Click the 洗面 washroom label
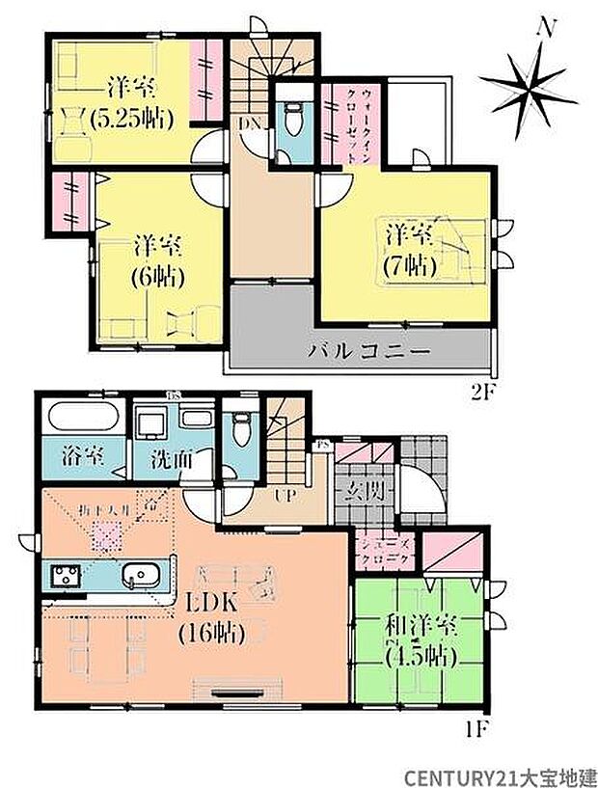(x=175, y=458)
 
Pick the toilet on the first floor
(x=240, y=431)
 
